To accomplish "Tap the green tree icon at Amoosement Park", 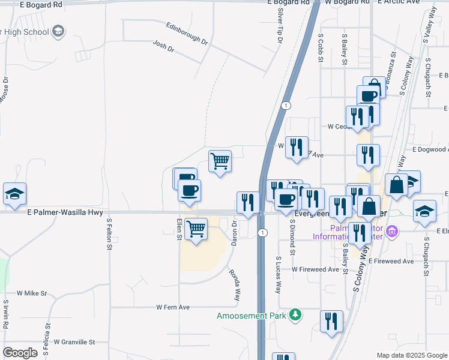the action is [x=295, y=314].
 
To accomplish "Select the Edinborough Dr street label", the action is [x=187, y=34].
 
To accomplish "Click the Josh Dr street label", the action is [x=163, y=46].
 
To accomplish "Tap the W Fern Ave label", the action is [x=173, y=307].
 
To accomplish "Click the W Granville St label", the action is [x=74, y=342].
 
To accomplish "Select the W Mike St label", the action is [x=32, y=293].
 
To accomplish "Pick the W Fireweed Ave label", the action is [x=315, y=269].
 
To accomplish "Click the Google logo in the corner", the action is [x=20, y=353].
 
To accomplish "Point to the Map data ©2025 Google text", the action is [x=411, y=355].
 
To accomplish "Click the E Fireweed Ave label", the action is [x=391, y=262].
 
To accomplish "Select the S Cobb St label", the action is [x=321, y=46].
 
